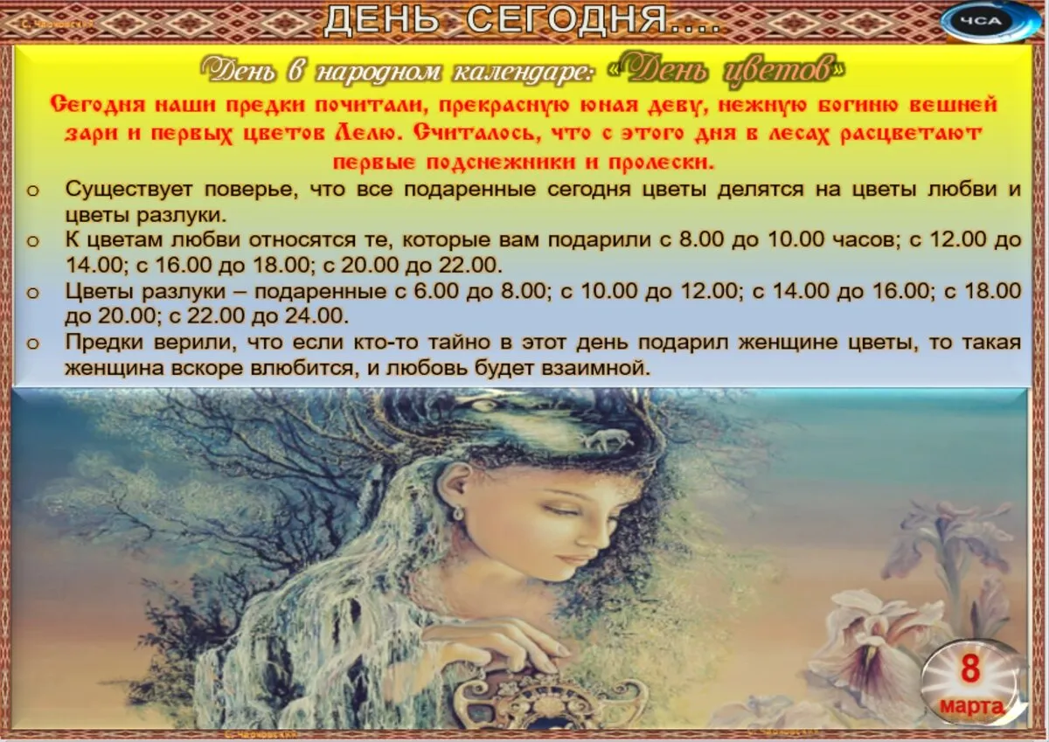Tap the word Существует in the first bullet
click(x=129, y=190)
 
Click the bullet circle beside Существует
click(x=32, y=191)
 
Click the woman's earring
click(x=458, y=514)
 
